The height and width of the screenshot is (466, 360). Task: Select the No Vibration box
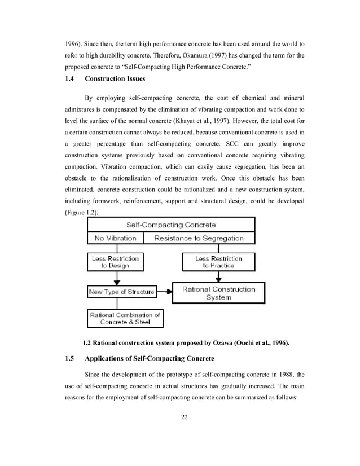point(115,238)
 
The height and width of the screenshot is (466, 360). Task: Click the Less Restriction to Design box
point(115,262)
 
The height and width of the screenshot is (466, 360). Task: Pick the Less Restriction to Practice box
point(218,262)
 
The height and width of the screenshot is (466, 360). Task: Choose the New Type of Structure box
point(121,292)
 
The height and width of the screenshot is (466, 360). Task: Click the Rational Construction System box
point(218,293)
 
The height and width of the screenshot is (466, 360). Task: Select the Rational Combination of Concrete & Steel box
point(125,318)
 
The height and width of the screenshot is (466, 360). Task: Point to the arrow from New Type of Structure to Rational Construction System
point(164,292)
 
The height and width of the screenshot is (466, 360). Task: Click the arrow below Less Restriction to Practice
point(218,276)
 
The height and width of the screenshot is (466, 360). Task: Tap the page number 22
point(185,417)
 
